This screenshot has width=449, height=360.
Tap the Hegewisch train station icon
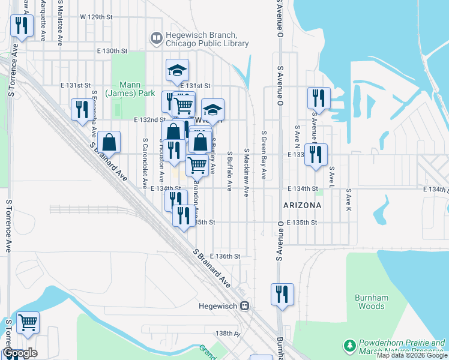[244, 305]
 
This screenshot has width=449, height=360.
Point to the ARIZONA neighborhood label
[303, 205]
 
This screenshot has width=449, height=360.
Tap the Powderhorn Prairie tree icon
[349, 346]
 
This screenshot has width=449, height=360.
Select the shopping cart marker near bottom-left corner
[28, 323]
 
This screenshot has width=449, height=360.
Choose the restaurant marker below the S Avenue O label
[282, 295]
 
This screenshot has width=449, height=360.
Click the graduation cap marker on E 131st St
[178, 70]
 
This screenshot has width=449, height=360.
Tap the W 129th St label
[96, 17]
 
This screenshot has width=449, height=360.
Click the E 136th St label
[225, 256]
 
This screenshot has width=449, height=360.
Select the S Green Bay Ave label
[264, 156]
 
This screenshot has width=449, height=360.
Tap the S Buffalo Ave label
[229, 171]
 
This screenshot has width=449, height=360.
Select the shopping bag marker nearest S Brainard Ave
[109, 143]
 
